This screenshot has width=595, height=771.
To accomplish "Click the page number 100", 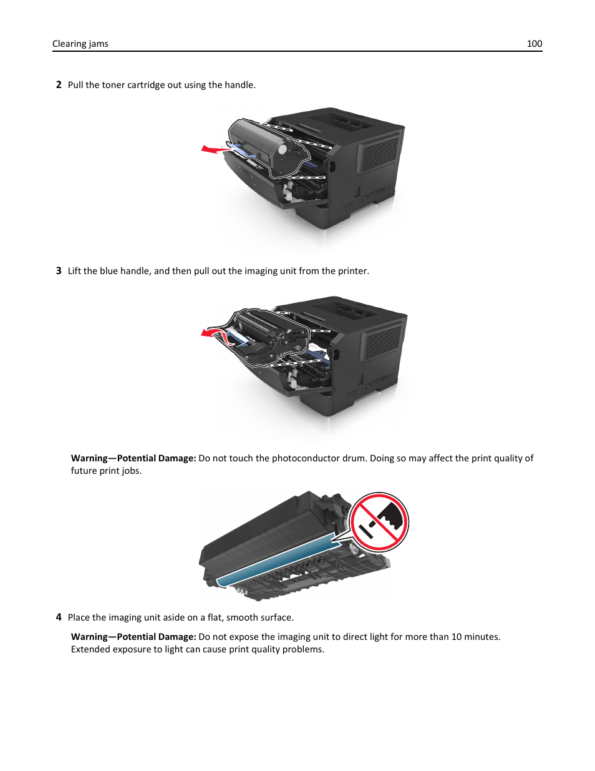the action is tap(535, 44).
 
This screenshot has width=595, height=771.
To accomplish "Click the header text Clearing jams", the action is tap(80, 44).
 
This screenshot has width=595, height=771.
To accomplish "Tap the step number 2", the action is tap(59, 85).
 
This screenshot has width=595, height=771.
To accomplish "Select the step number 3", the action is tap(59, 271).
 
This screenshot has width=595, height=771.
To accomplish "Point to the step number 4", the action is tap(59, 617).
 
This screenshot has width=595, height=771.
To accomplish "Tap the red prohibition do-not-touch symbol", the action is tap(379, 522).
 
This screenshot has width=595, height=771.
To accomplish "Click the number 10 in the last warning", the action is tap(456, 637).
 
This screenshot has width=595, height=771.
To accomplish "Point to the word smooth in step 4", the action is tap(242, 617).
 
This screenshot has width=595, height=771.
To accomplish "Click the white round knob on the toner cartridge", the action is tap(283, 149).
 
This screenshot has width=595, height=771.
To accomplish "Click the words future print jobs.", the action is tap(106, 471).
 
